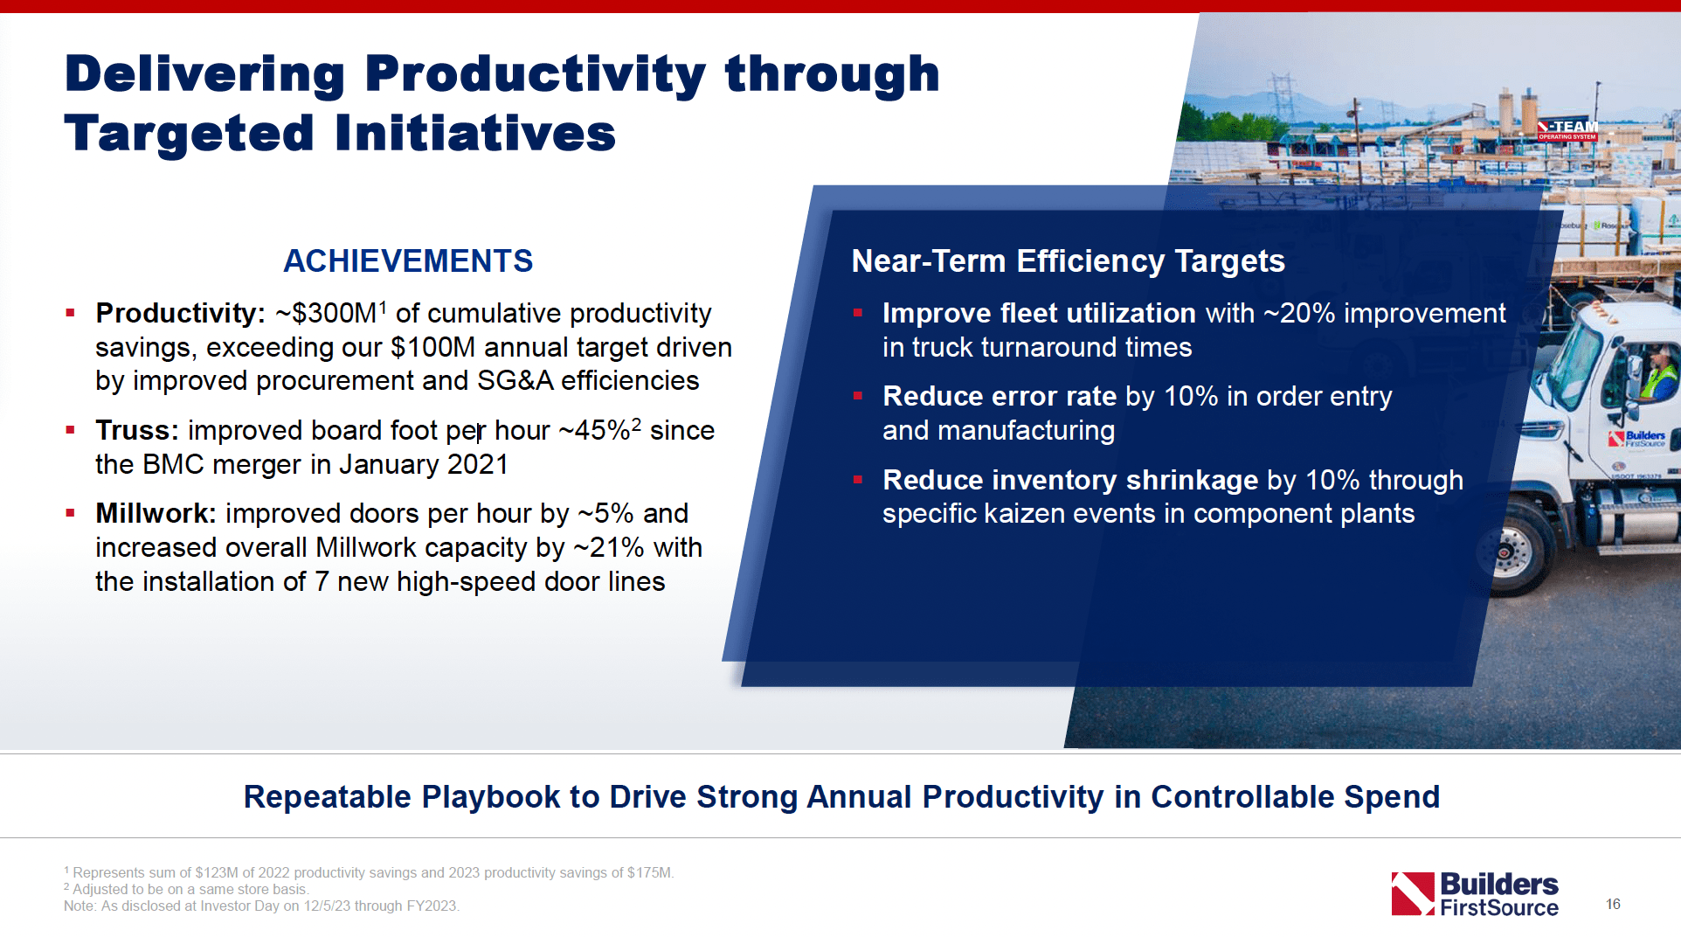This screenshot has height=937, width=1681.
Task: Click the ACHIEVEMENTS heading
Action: [x=407, y=261]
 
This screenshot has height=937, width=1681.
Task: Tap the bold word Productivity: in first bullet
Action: [x=180, y=313]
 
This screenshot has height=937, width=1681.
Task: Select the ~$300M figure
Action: [x=325, y=313]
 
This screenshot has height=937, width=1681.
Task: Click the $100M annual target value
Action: [x=432, y=347]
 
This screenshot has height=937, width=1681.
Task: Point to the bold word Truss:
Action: [x=136, y=430]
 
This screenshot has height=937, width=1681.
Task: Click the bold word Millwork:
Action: [x=156, y=513]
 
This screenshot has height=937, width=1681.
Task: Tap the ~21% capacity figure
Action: [x=609, y=547]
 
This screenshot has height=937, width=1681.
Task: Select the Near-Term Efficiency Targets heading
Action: [x=1068, y=261]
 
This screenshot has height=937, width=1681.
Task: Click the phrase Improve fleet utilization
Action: [x=1039, y=313]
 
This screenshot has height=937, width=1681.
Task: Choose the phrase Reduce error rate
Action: [x=999, y=396]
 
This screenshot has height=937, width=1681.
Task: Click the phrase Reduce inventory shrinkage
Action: [x=1069, y=480]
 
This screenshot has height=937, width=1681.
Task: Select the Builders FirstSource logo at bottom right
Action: [x=1475, y=894]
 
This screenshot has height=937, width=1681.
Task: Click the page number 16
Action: [x=1613, y=904]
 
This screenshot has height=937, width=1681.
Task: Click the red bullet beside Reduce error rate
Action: [x=858, y=396]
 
